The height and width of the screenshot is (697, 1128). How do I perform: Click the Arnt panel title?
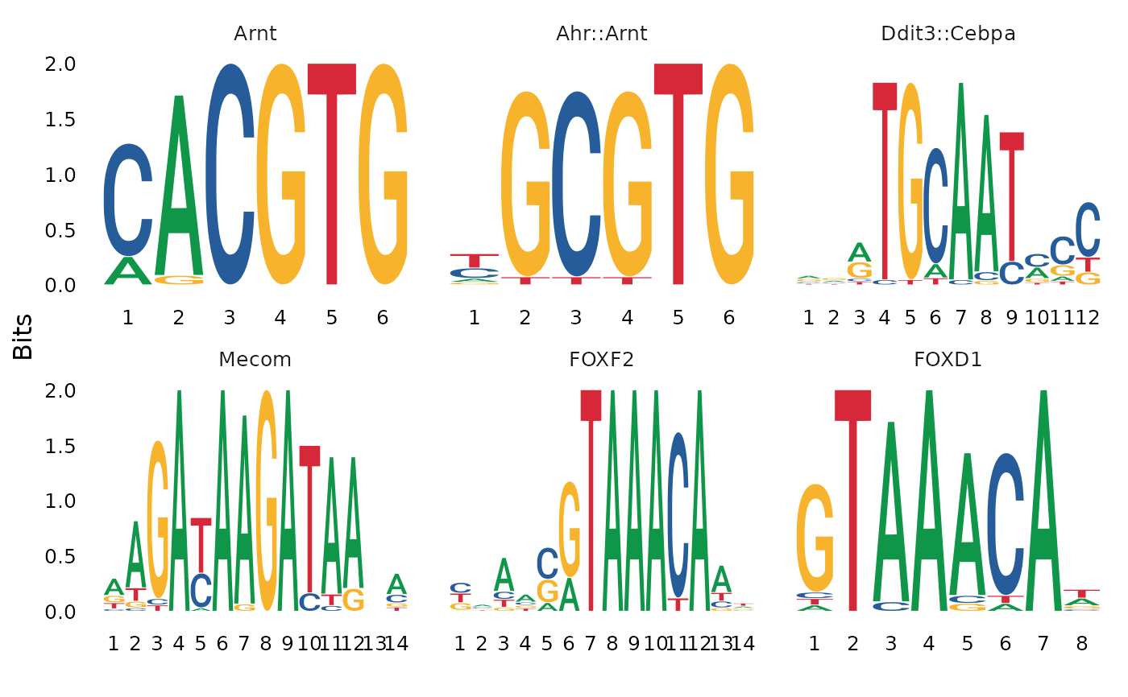255,34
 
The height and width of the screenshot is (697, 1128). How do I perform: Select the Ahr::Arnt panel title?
601,34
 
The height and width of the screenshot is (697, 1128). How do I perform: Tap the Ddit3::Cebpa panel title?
948,34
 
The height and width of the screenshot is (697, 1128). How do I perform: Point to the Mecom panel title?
255,360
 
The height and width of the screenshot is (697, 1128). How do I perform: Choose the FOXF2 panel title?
601,360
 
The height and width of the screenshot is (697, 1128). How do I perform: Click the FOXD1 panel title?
948,360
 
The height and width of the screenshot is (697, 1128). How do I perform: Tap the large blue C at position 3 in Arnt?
230,173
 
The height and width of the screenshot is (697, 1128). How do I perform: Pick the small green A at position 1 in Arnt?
127,271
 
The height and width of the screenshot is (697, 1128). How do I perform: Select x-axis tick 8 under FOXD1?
1081,643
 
